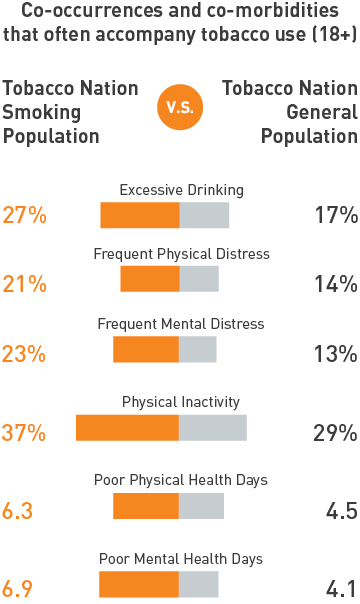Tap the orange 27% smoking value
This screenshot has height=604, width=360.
25,215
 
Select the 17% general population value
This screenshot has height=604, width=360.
334,215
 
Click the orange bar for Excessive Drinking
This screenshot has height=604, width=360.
139,215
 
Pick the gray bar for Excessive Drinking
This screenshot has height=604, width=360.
204,215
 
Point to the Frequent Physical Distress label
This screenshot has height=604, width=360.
181,254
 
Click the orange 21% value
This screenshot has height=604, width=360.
24,284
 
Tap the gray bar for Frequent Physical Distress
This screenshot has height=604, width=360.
199,279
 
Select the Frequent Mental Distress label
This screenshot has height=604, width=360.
181,324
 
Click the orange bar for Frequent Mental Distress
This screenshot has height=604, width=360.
146,349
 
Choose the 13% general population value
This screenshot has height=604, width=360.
334,354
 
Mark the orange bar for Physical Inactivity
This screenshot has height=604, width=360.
127,427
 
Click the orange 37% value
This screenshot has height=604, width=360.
25,433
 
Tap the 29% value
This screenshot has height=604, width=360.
334,433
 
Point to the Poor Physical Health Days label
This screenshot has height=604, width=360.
181,480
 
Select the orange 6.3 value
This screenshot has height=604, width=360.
18,511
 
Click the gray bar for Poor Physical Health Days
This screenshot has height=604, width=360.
201,505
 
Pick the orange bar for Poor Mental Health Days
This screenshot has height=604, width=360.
139,584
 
